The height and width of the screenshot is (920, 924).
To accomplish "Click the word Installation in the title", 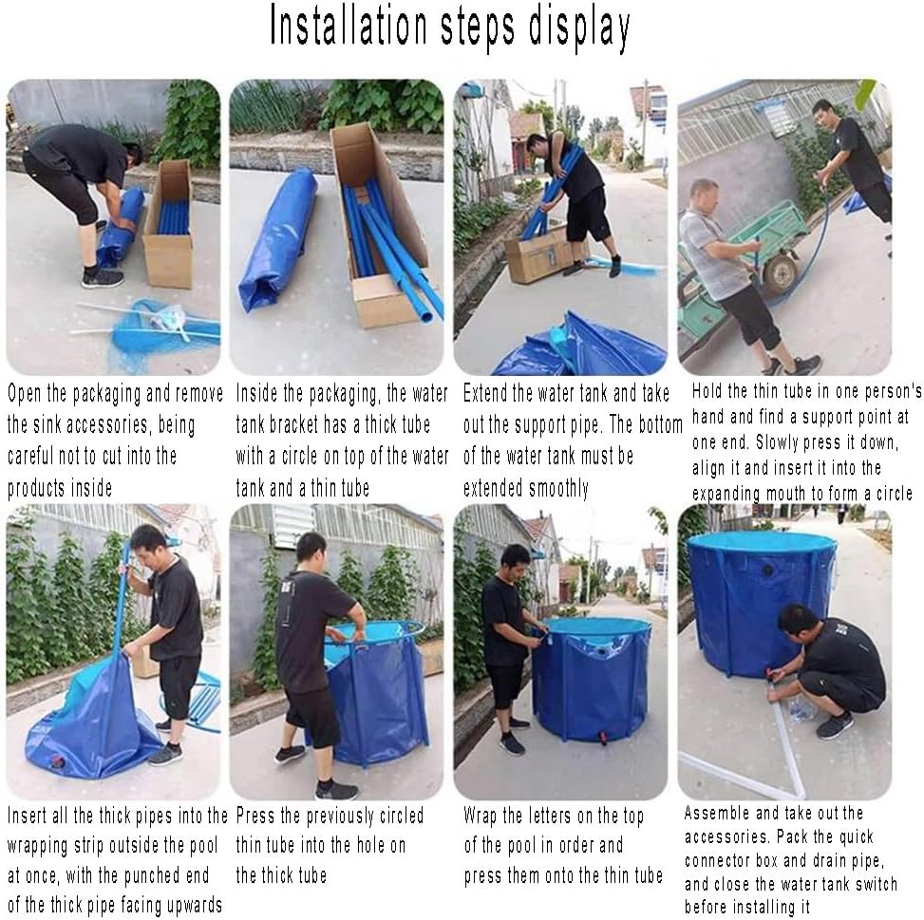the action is tap(349, 26).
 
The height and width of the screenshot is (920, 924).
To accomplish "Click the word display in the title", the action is tap(579, 28).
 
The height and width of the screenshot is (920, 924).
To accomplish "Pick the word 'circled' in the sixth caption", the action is tap(402, 816).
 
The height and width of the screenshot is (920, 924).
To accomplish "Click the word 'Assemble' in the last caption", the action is tap(716, 813).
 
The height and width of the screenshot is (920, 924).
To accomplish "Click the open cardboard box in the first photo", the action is tap(169, 225).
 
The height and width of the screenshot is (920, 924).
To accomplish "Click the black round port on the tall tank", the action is tap(766, 571).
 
